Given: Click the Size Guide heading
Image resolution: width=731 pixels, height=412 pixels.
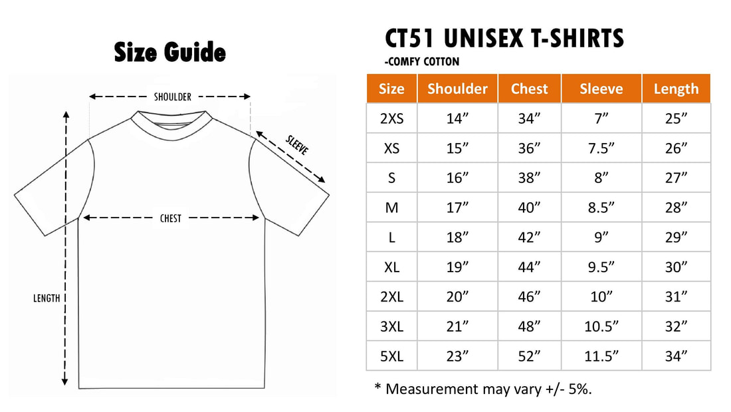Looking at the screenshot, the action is [169, 52].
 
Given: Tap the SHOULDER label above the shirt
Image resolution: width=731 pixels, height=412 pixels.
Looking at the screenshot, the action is [173, 97].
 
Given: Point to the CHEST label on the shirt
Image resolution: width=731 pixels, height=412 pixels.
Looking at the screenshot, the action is [171, 218].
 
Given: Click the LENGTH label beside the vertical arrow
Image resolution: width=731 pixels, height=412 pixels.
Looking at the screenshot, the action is [47, 298].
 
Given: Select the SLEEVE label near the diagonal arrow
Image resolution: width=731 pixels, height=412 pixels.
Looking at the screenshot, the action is [297, 145].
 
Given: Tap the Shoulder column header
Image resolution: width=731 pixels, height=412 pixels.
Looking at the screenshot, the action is [457, 89].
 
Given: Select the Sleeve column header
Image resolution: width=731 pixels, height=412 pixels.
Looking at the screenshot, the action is [601, 89].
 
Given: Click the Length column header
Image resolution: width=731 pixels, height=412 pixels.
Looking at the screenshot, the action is [676, 89].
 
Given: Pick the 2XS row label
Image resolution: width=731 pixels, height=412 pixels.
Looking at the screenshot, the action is [391, 118].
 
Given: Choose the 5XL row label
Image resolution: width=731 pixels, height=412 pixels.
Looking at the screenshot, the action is [391, 356].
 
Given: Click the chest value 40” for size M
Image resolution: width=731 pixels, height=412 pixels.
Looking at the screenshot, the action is [529, 208].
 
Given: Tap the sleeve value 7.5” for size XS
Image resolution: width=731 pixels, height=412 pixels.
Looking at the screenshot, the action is [601, 148].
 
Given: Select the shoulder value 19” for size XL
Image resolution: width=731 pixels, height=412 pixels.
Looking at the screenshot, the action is [457, 267].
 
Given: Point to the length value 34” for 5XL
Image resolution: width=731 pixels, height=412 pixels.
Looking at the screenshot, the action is [676, 356].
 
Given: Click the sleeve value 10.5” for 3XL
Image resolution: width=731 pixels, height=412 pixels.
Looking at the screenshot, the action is [601, 327].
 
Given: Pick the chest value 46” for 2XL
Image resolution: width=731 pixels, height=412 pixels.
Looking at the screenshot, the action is [529, 297].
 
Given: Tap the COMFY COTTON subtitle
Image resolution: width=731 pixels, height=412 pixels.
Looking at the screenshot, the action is [422, 62].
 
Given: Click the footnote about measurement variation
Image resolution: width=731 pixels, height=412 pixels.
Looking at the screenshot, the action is [483, 389].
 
